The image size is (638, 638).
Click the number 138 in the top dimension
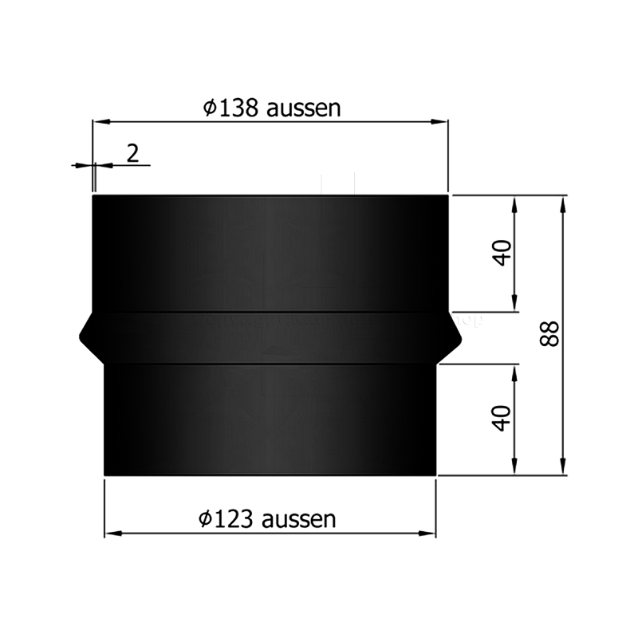(238, 108)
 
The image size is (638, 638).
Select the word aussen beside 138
(303, 108)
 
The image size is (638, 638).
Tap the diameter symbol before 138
(209, 108)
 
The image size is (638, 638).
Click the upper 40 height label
(502, 254)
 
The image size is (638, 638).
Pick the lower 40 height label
(502, 417)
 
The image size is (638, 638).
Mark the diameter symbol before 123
(204, 519)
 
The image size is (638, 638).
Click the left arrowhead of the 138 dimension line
(100, 122)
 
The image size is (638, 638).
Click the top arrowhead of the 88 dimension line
(564, 202)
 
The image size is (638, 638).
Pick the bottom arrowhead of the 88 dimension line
(564, 469)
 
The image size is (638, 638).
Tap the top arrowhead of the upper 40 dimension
(516, 202)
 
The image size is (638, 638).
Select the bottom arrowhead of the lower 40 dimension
(516, 469)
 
